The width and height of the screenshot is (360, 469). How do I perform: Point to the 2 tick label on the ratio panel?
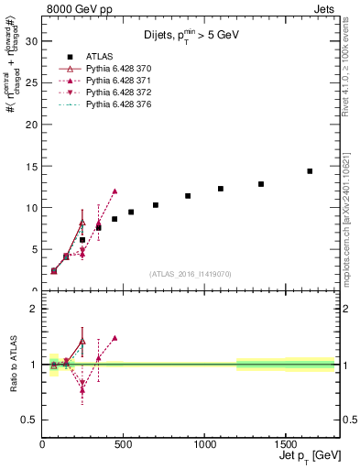click(x=33, y=309)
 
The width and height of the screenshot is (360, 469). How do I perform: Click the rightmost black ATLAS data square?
click(x=310, y=171)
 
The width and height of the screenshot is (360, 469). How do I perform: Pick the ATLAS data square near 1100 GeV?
click(x=221, y=189)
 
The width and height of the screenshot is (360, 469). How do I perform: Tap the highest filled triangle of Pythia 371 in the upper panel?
click(x=115, y=191)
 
